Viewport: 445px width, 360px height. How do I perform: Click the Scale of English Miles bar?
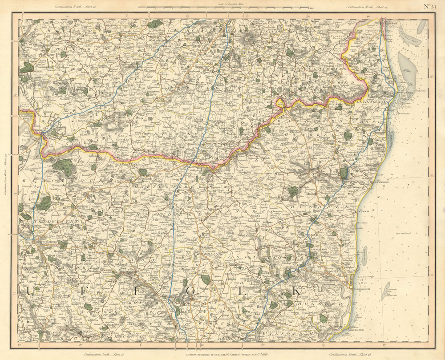click(223, 8)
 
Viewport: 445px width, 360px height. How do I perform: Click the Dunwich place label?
click(364, 212)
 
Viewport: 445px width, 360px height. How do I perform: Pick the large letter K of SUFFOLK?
click(297, 291)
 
